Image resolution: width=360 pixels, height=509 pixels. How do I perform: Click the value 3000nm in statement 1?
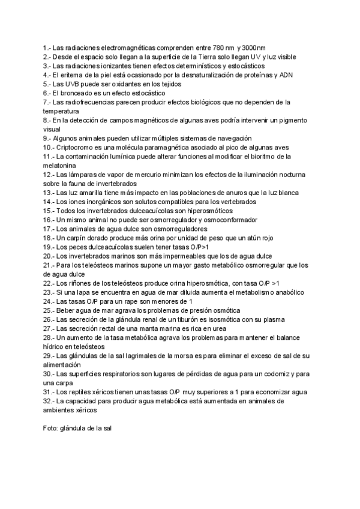[x=253, y=47]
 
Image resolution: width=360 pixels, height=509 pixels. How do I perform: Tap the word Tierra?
[x=214, y=56]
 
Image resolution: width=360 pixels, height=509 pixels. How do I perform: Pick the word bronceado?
[x=78, y=94]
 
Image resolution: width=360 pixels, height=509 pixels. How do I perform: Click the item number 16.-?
[x=49, y=220]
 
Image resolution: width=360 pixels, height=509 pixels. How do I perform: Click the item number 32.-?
[x=49, y=401]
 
